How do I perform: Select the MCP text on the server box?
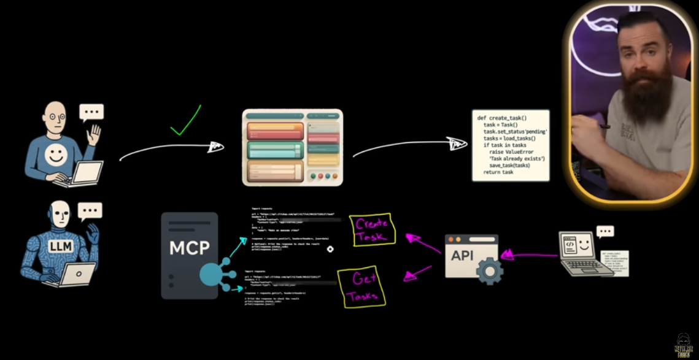(x=189, y=248)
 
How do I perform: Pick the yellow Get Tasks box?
(x=365, y=287)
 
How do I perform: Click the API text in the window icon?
(x=462, y=255)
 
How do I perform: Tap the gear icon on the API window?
(x=489, y=270)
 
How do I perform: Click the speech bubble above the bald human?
(x=91, y=112)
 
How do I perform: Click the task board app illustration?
(x=292, y=147)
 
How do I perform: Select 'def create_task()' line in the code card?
(x=501, y=118)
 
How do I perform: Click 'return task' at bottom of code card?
(x=498, y=172)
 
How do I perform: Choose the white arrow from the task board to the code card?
(x=408, y=145)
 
